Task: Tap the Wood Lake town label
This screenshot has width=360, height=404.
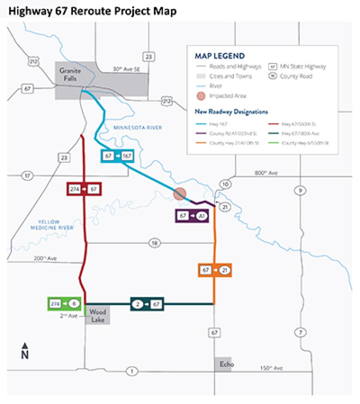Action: pyautogui.click(x=98, y=316)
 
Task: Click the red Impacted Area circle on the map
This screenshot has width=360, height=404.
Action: pyautogui.click(x=180, y=194)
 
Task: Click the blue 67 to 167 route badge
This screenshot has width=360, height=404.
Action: pyautogui.click(x=117, y=156)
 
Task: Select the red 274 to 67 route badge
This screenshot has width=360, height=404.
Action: pyautogui.click(x=84, y=189)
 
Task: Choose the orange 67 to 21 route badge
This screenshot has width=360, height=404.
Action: pyautogui.click(x=215, y=270)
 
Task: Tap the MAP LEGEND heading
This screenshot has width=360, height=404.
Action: pyautogui.click(x=220, y=56)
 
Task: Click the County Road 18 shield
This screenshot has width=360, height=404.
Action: pyautogui.click(x=154, y=243)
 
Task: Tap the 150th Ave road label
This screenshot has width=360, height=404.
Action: pyautogui.click(x=271, y=368)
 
